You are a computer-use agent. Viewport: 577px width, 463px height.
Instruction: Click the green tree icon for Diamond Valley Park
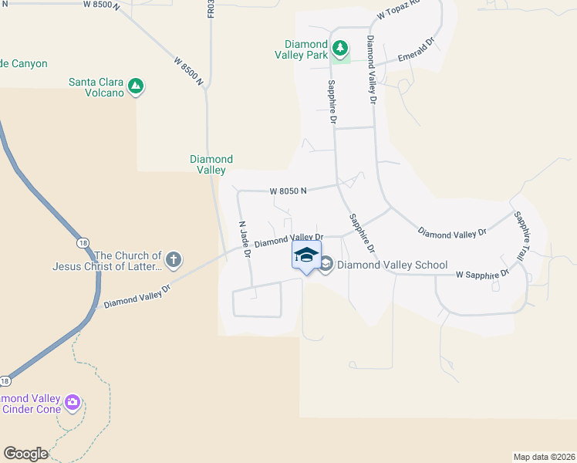[340, 49]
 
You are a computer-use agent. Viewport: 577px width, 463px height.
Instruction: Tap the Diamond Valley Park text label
[306, 49]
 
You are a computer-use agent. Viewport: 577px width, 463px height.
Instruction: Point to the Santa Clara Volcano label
[96, 87]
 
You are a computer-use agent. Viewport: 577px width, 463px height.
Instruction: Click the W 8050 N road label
[288, 191]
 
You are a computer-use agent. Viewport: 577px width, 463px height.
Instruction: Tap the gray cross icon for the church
[174, 259]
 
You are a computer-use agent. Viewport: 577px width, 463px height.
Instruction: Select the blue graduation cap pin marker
[306, 255]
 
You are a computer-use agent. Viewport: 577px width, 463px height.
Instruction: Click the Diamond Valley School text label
[392, 265]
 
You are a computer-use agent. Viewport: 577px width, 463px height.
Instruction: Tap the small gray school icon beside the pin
[326, 265]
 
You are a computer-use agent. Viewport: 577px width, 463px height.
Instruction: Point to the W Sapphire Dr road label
[483, 274]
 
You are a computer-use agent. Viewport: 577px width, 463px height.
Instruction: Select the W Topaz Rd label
[396, 10]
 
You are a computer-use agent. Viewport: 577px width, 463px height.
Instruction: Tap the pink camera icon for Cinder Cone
[73, 401]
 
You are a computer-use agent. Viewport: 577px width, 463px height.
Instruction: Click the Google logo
[25, 454]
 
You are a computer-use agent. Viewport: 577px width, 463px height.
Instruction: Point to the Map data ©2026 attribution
[544, 456]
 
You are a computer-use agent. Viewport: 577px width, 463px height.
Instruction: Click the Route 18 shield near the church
[83, 243]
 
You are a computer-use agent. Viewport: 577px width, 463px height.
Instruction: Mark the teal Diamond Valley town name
[211, 164]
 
